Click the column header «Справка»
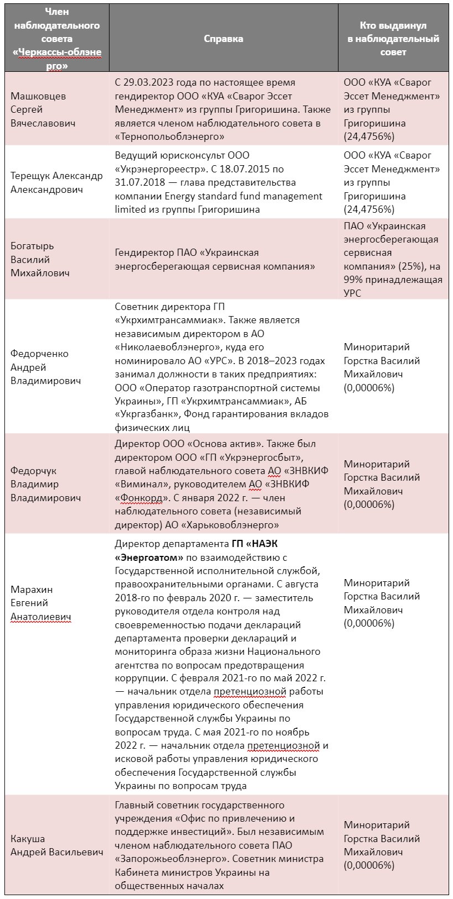click(223, 39)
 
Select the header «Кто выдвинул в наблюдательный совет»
click(393, 39)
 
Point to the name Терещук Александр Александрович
click(56, 183)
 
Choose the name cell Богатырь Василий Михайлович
click(40, 259)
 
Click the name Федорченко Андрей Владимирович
click(45, 367)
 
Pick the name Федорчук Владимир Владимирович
click(45, 484)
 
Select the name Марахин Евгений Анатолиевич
click(40, 603)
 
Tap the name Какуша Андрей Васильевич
click(56, 845)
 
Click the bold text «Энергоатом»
click(149, 558)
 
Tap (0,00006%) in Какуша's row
click(369, 865)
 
